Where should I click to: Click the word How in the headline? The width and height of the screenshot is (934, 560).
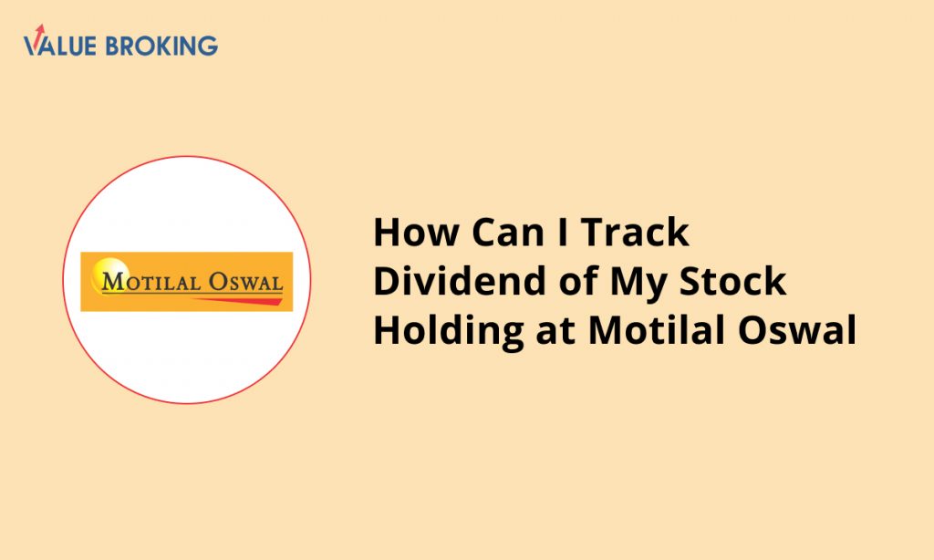[416, 232]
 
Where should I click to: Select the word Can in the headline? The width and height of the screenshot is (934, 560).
[508, 232]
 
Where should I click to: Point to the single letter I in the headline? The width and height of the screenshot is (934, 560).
[563, 232]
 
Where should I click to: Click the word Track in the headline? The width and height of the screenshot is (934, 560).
[636, 232]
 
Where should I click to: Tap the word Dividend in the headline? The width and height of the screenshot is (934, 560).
[460, 281]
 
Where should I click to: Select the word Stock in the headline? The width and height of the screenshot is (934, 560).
[733, 281]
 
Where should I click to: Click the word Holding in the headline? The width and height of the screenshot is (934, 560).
[448, 332]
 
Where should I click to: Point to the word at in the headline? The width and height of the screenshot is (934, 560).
[555, 332]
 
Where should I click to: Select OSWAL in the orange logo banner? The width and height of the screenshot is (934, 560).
[245, 282]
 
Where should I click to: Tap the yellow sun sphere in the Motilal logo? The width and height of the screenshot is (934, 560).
[109, 273]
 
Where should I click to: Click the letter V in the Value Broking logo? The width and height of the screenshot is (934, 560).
[34, 46]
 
